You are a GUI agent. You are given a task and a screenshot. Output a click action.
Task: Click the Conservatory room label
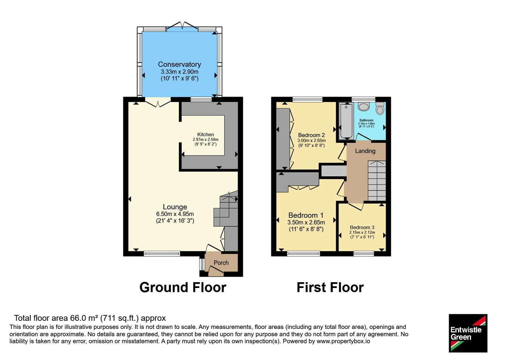click(180, 64)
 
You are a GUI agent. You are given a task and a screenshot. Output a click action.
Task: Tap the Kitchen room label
click(205, 135)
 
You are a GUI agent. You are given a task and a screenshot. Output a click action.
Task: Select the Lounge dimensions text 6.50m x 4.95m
click(175, 214)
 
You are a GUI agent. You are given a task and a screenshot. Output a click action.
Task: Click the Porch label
click(221, 263)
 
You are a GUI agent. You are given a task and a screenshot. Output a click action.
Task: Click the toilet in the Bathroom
click(380, 108)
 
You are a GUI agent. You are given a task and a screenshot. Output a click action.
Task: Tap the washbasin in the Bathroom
click(364, 106)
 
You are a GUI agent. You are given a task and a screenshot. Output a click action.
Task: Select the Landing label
click(365, 151)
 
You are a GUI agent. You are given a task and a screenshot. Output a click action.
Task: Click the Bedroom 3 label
click(362, 227)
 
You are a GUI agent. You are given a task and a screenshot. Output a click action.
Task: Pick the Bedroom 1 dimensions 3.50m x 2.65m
click(306, 222)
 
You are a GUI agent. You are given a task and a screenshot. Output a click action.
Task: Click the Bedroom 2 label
click(311, 135)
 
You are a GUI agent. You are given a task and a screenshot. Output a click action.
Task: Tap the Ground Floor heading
click(183, 287)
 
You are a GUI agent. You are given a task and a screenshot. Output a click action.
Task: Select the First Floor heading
click(330, 287)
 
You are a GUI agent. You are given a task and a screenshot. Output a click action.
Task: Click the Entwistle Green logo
click(468, 333)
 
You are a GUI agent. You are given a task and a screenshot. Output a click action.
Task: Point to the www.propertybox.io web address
click(343, 341)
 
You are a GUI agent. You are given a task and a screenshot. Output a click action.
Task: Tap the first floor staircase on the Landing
click(377, 181)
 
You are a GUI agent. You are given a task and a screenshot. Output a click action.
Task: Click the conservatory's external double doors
click(182, 26)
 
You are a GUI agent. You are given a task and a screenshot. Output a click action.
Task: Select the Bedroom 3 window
click(364, 254)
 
